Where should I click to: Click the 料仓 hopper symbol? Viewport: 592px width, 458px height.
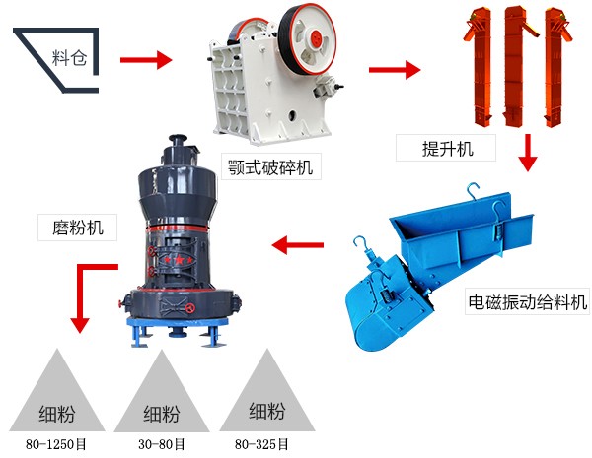tap(59, 60)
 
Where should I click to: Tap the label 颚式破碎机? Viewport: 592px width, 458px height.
tap(268, 167)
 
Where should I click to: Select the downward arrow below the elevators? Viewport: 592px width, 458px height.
tap(530, 152)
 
